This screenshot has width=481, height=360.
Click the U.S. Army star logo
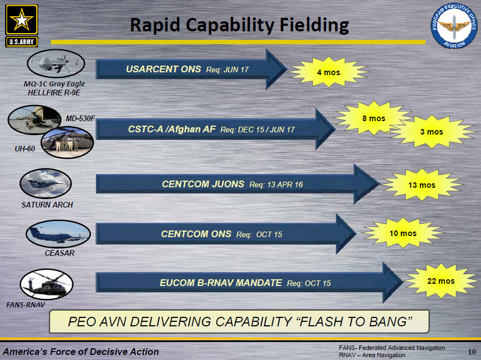(22, 26)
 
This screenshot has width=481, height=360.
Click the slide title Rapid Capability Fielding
(240, 25)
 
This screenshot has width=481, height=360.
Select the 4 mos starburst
(328, 72)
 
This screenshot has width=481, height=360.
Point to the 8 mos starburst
(373, 118)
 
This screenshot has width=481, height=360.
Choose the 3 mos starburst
(431, 132)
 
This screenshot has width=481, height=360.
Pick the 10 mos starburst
(403, 233)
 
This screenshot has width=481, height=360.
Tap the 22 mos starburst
(441, 280)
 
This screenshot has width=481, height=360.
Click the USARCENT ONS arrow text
(163, 69)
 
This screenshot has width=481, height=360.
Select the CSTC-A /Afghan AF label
(172, 129)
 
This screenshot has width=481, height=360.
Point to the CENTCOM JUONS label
(203, 184)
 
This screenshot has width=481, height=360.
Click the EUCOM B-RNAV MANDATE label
(221, 283)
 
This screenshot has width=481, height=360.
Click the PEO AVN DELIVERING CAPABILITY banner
(240, 322)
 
